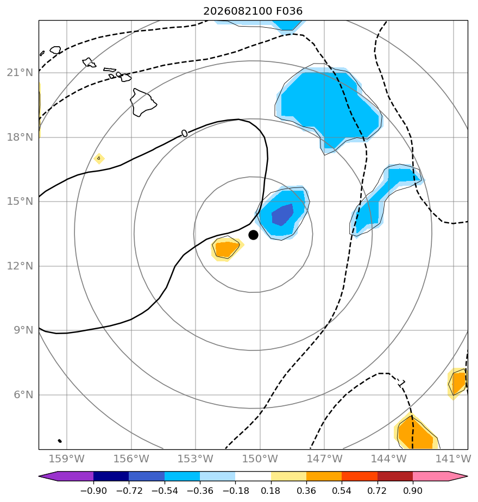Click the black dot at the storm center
point(253,235)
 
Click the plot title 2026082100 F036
point(253,11)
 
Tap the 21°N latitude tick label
point(20,73)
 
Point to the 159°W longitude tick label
point(67,459)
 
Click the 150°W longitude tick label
point(260,459)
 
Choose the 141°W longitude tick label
point(453,459)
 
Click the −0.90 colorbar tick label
point(93,491)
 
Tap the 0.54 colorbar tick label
point(342,491)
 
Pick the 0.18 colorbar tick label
point(271,491)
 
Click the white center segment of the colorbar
point(253,476)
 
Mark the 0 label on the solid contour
point(185,133)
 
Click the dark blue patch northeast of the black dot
point(282,215)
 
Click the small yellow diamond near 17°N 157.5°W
point(99,159)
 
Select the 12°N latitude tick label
point(20,266)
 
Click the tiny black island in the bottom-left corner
point(60,441)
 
